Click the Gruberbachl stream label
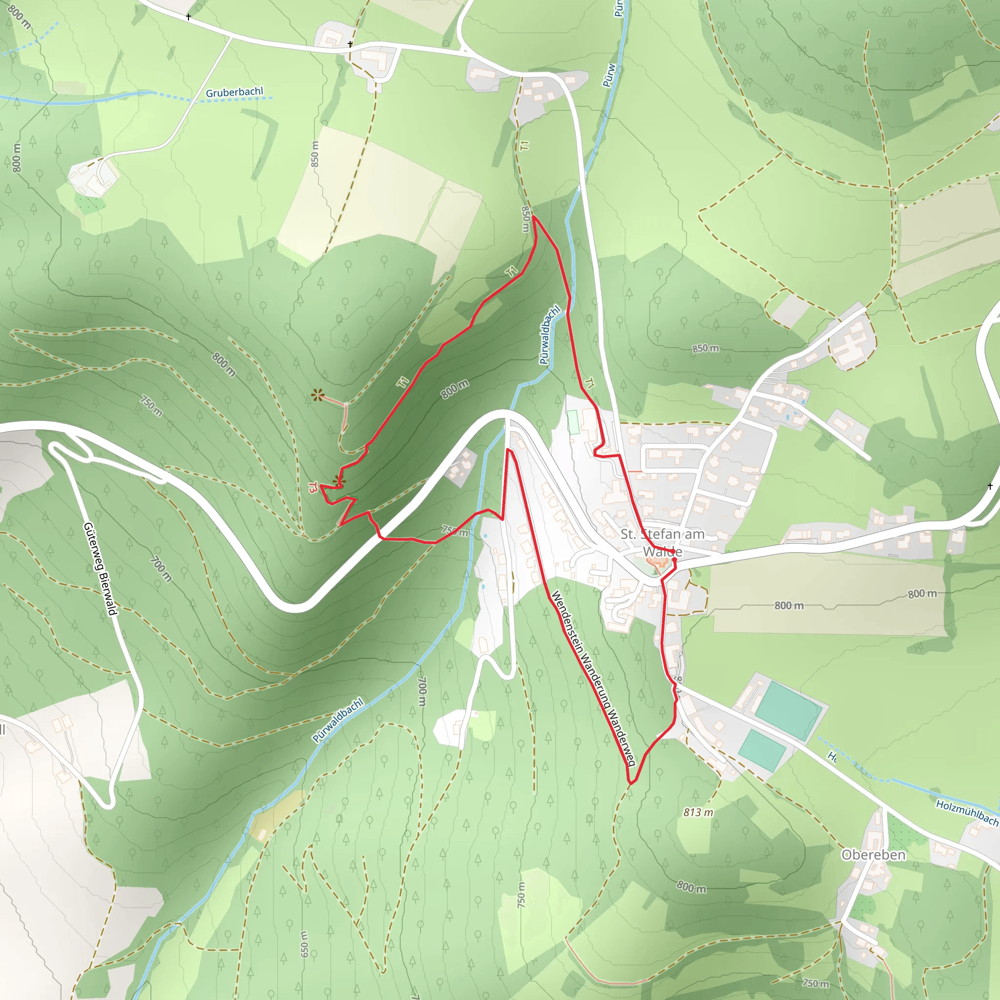234,93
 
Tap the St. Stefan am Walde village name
662,542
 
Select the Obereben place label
873,854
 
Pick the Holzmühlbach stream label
967,812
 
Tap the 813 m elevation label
698,812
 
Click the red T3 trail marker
312,488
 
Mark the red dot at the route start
674,560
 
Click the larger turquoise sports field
787,710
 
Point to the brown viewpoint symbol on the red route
339,481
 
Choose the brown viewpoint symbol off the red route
318,396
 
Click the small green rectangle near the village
573,422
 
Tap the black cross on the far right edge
990,486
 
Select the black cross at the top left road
188,17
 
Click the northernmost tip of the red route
533,217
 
